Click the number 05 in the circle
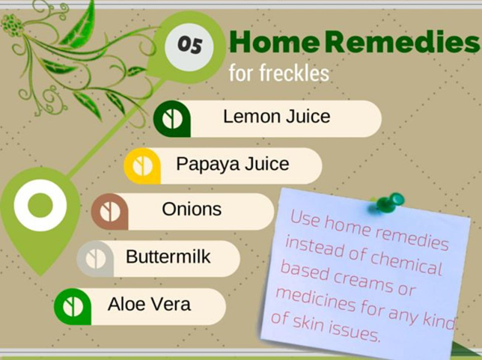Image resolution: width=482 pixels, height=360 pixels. click(189, 45)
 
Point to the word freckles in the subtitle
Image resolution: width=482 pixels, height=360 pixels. click(294, 73)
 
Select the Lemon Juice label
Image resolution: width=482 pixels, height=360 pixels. click(277, 117)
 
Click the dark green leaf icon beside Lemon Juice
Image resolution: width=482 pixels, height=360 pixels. click(172, 119)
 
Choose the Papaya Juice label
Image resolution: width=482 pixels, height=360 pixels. click(232, 164)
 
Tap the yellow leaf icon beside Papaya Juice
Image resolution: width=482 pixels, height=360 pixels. click(142, 166)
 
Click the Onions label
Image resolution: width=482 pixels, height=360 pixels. click(192, 210)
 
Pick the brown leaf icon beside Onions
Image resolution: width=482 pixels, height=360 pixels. click(110, 212)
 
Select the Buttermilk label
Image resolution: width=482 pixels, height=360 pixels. click(168, 257)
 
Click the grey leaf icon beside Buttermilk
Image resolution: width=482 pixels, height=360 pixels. click(95, 259)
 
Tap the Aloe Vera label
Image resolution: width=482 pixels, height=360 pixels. click(149, 305)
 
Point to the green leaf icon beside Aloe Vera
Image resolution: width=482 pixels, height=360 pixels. click(73, 307)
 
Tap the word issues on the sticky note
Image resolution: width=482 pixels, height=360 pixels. click(354, 332)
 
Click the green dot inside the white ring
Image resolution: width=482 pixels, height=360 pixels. click(40, 205)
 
